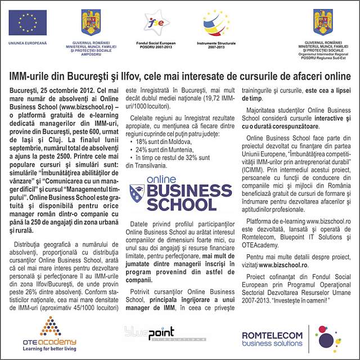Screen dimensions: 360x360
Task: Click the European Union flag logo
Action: [27, 22]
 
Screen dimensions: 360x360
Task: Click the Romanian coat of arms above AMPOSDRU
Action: [91, 21]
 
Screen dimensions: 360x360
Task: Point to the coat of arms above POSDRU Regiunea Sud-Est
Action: [323, 22]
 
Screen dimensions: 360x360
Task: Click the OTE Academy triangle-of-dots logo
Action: [50, 326]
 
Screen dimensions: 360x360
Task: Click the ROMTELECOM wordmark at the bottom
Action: [272, 335]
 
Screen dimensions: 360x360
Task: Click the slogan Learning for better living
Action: [49, 349]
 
